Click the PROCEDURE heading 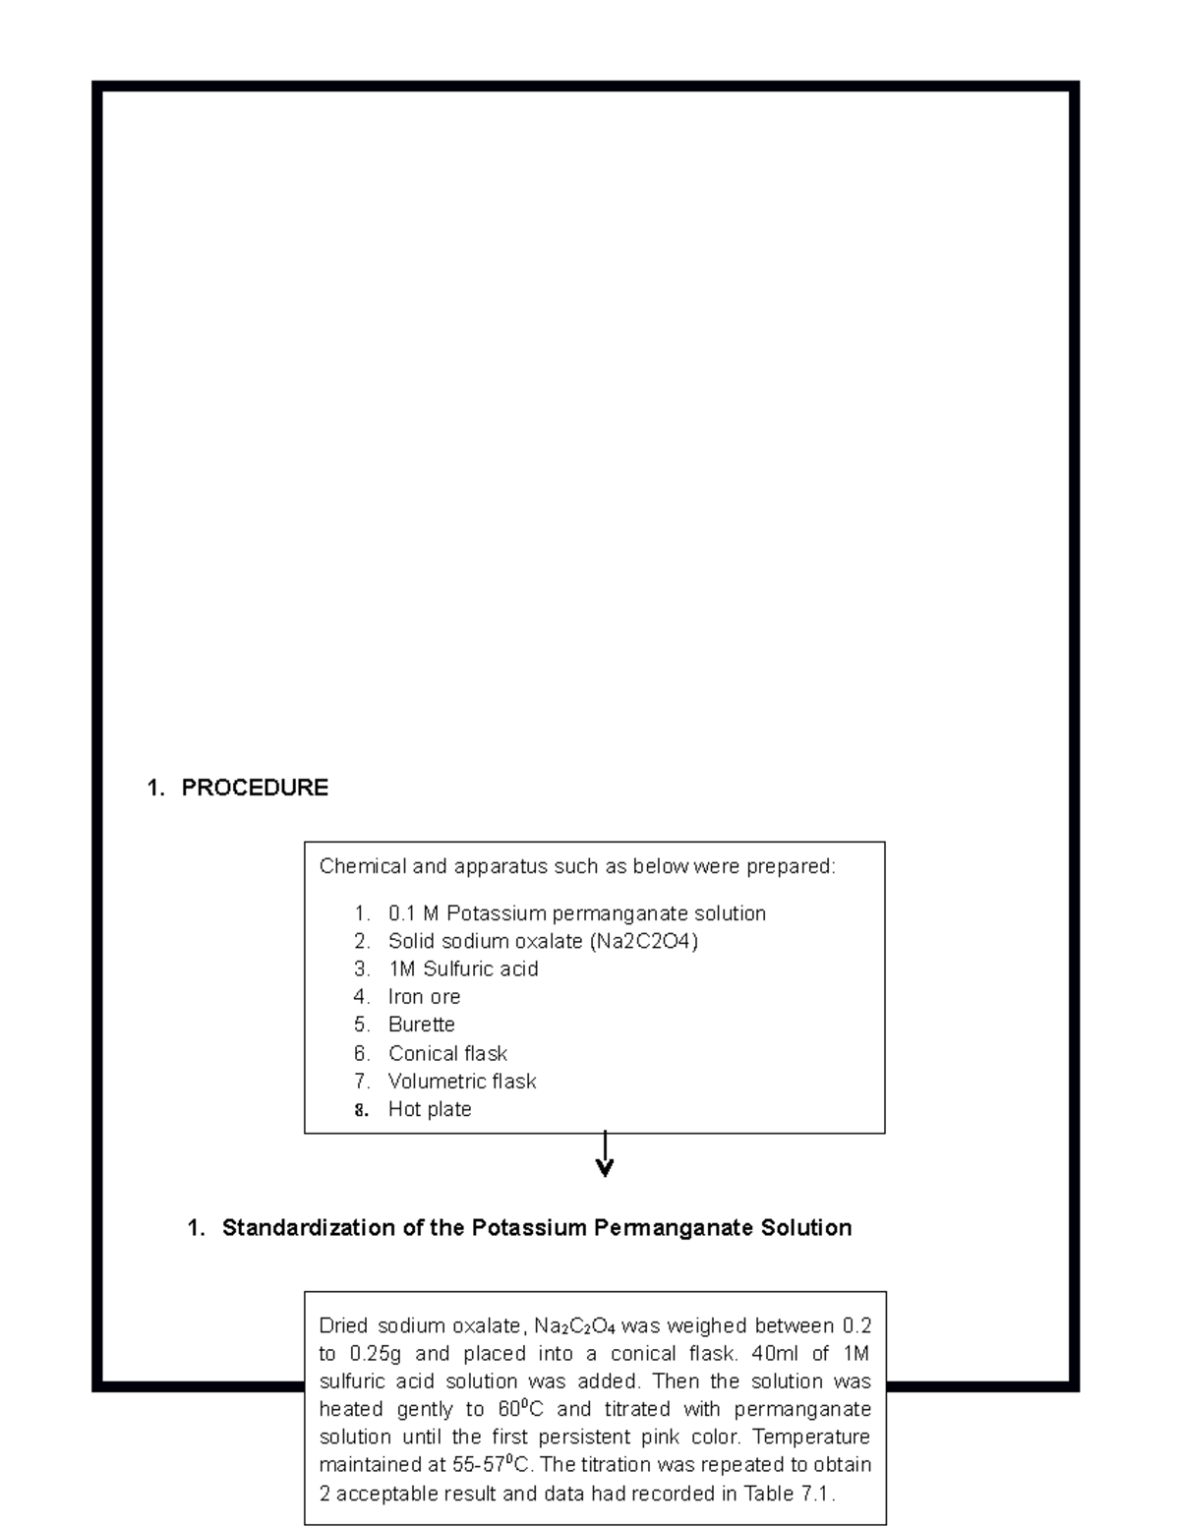254,788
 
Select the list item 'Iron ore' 424,997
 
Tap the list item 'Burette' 421,1025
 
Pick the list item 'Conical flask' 447,1053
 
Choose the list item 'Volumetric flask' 462,1082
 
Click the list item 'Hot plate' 430,1109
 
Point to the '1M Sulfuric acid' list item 463,969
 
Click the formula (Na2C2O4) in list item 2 644,941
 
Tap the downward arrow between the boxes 605,1154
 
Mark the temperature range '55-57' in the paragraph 477,1465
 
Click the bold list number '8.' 362,1110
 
